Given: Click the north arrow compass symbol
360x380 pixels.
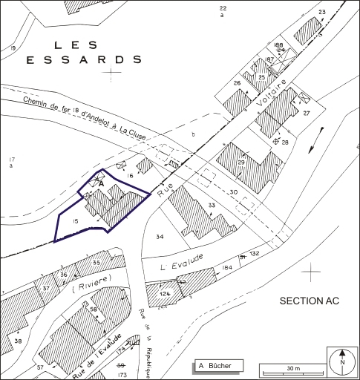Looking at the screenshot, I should [342, 361].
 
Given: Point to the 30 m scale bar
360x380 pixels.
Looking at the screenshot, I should [292, 370].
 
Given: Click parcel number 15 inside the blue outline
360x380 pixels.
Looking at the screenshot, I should [75, 221].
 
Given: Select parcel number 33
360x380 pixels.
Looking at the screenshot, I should [212, 206].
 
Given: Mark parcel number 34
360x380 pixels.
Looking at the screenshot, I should [160, 237].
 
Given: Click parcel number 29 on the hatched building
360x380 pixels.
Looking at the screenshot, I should [240, 163].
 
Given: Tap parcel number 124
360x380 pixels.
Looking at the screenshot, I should [165, 295].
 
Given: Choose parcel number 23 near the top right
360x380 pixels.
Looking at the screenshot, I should [321, 13].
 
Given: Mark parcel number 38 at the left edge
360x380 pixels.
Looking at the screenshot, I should [19, 341].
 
